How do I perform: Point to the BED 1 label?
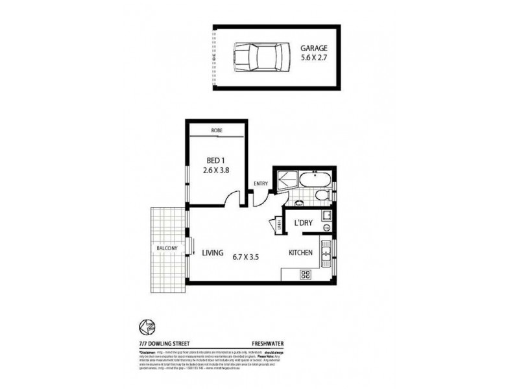(215, 161)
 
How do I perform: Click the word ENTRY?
(261, 183)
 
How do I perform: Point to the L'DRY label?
(304, 224)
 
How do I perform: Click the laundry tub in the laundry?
(328, 216)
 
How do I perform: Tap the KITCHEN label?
(302, 253)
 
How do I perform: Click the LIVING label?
(213, 253)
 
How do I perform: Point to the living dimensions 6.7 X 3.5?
(247, 256)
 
